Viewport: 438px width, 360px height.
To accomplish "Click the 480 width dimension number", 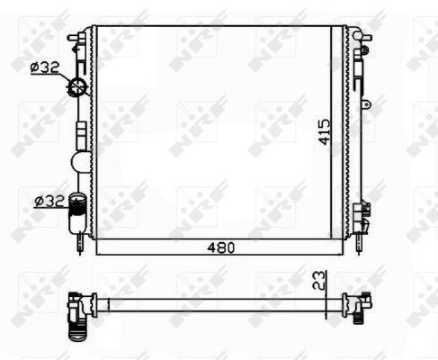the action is [221, 247].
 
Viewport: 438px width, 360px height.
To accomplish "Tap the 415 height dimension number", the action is [325, 132].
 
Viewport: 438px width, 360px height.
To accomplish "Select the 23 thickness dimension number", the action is [318, 280].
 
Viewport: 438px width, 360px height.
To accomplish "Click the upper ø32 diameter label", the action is [45, 67].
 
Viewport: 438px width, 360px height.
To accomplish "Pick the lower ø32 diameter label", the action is [49, 201].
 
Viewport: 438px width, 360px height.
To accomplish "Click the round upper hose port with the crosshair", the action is [78, 86].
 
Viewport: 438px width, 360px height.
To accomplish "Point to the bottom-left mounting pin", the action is [80, 244].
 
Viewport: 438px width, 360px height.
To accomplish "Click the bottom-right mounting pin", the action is [359, 244].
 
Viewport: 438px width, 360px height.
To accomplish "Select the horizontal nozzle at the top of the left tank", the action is [76, 38].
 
